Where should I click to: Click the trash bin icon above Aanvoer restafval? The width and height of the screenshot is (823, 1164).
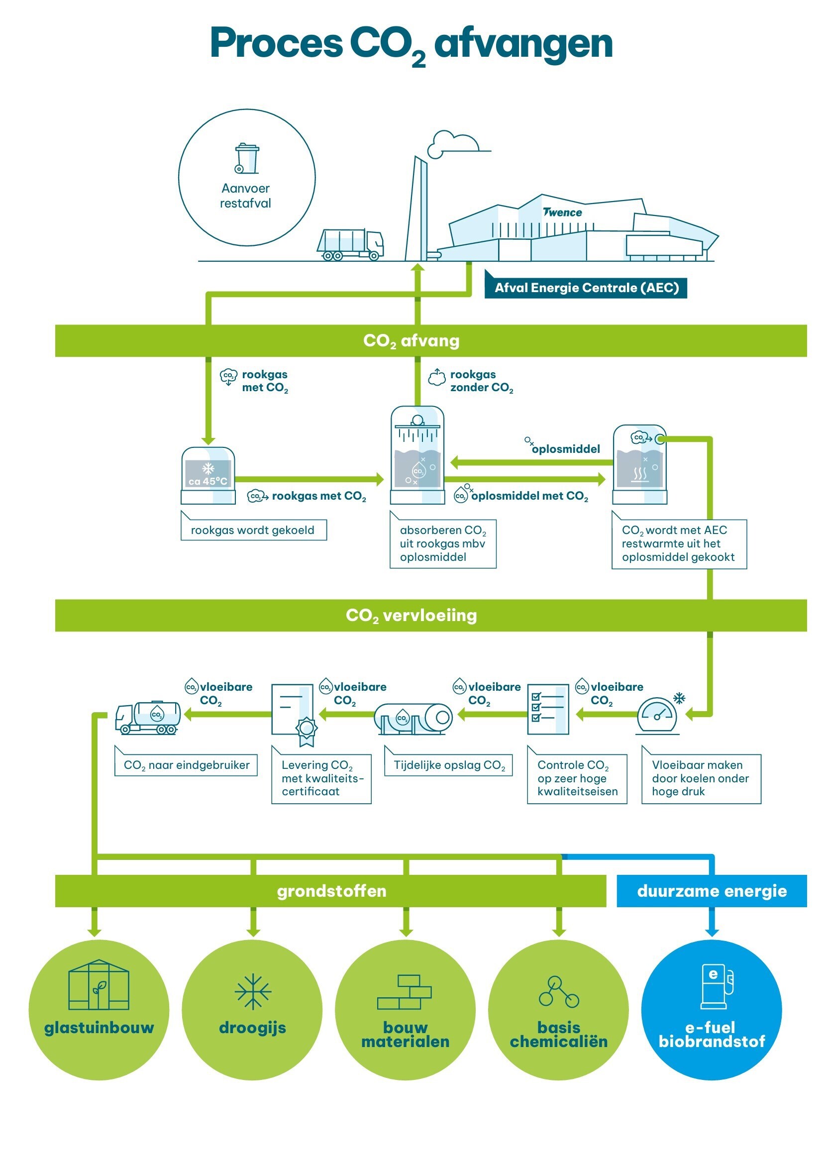pos(247,159)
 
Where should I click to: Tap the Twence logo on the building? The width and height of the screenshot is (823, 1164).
pos(563,212)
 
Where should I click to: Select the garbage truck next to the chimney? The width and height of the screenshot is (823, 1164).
pos(350,244)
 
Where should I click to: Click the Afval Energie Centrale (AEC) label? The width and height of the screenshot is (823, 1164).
pos(586,288)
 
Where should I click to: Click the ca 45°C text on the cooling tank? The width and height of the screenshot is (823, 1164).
pos(208,481)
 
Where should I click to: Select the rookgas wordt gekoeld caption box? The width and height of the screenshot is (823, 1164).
pos(253,530)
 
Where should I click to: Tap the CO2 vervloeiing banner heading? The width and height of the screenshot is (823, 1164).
pos(411,616)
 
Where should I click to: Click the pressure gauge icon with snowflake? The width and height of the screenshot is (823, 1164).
pos(658,715)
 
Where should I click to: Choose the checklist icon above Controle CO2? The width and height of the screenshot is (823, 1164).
pos(548,709)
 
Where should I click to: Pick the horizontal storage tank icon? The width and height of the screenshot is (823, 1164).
pos(413,719)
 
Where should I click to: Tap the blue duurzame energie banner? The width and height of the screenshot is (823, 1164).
pos(711,891)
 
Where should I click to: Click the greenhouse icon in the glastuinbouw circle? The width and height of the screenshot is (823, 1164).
pos(99,985)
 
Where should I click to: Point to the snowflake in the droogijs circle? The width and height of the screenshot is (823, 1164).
pos(253,991)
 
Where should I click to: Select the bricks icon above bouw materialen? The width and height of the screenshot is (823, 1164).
pos(405,992)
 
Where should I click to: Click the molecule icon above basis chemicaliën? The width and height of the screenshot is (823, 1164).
pos(558,992)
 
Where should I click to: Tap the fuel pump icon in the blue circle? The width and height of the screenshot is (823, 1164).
pos(717,986)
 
